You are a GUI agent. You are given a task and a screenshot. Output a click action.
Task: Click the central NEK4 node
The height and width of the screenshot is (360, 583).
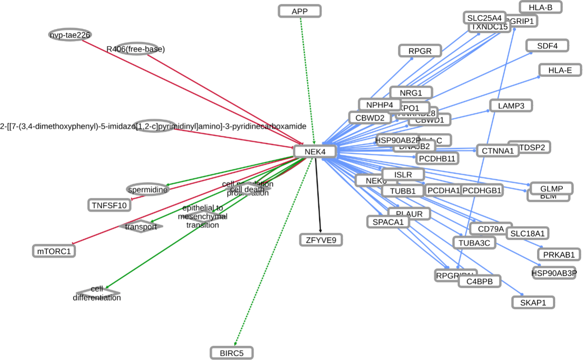tap(315, 152)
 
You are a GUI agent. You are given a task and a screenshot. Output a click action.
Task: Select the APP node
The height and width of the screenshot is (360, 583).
tap(300, 11)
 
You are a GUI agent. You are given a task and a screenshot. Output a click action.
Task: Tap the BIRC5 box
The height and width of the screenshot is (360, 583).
tap(232, 353)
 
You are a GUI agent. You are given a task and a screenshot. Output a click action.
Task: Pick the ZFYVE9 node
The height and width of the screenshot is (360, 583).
tap(321, 240)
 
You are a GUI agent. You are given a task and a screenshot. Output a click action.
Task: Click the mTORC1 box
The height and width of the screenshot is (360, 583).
tap(54, 251)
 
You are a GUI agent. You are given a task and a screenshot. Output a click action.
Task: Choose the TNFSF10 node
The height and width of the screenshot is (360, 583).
tap(109, 205)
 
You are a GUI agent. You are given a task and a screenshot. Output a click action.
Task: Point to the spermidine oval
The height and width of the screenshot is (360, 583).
tap(148, 189)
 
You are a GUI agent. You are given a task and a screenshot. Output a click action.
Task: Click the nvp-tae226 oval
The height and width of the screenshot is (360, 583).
tap(71, 35)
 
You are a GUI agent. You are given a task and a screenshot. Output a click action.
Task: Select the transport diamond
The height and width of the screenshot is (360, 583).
tap(141, 226)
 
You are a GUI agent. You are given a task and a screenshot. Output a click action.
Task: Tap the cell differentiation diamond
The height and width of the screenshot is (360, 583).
tap(97, 293)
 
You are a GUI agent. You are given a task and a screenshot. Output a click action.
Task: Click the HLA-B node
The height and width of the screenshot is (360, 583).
tap(540, 7)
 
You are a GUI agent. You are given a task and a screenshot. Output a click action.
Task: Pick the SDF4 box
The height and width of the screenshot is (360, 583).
tap(547, 45)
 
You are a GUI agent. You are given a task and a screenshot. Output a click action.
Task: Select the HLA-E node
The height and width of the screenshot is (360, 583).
tap(560, 70)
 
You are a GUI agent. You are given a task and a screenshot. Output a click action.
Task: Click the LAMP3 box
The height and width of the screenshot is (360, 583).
tap(511, 105)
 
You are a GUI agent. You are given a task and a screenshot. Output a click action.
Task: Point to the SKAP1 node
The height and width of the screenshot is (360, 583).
tap(533, 302)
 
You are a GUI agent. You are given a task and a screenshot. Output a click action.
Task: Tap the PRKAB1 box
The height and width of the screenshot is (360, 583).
tap(559, 254)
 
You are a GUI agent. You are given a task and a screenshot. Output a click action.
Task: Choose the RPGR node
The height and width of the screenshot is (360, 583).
tap(419, 51)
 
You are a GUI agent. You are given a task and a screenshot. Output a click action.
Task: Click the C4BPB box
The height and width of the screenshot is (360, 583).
tap(479, 281)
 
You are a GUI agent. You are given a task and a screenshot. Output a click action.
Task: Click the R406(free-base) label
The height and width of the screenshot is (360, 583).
tap(136, 49)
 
